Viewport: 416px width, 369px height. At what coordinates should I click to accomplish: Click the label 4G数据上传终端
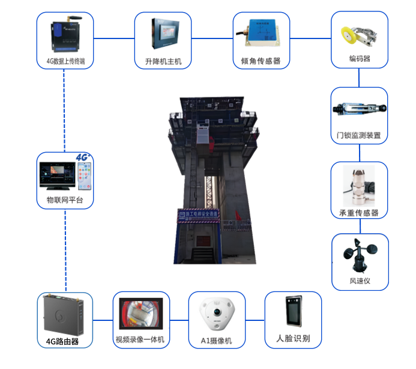click(65, 61)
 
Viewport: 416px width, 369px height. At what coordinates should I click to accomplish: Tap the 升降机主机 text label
click(159, 61)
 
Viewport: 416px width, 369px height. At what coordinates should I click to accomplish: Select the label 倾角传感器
click(261, 61)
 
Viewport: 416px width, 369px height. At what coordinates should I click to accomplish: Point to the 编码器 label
click(359, 59)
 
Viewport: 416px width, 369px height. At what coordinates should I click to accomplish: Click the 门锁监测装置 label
click(359, 135)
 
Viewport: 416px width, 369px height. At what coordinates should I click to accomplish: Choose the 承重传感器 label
click(359, 213)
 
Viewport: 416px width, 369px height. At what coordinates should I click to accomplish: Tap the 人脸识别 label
click(292, 339)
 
